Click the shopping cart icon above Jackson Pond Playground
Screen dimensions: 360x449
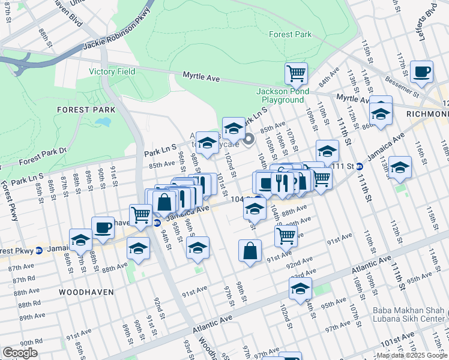tap(296, 73)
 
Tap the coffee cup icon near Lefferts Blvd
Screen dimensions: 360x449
tap(422, 71)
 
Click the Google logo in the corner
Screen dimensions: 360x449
tap(20, 353)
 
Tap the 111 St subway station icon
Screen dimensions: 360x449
tap(359, 166)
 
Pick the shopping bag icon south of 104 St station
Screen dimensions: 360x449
tap(250, 251)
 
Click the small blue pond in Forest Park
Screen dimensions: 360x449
tap(103, 123)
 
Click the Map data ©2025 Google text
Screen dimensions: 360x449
tap(411, 355)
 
